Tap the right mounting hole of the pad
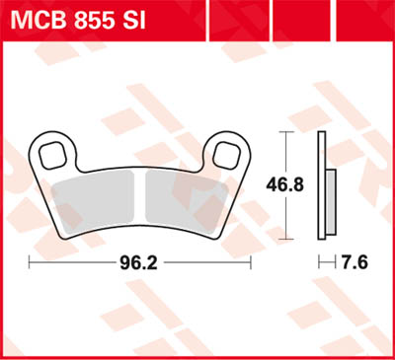click(x=228, y=153)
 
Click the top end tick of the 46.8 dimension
click(x=286, y=133)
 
